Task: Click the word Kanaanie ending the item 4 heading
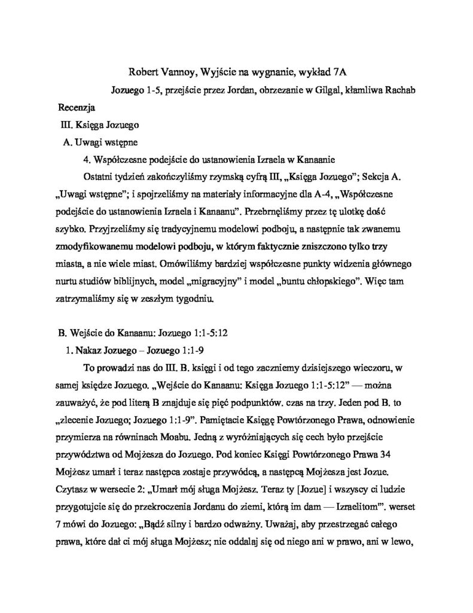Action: [x=319, y=160]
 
